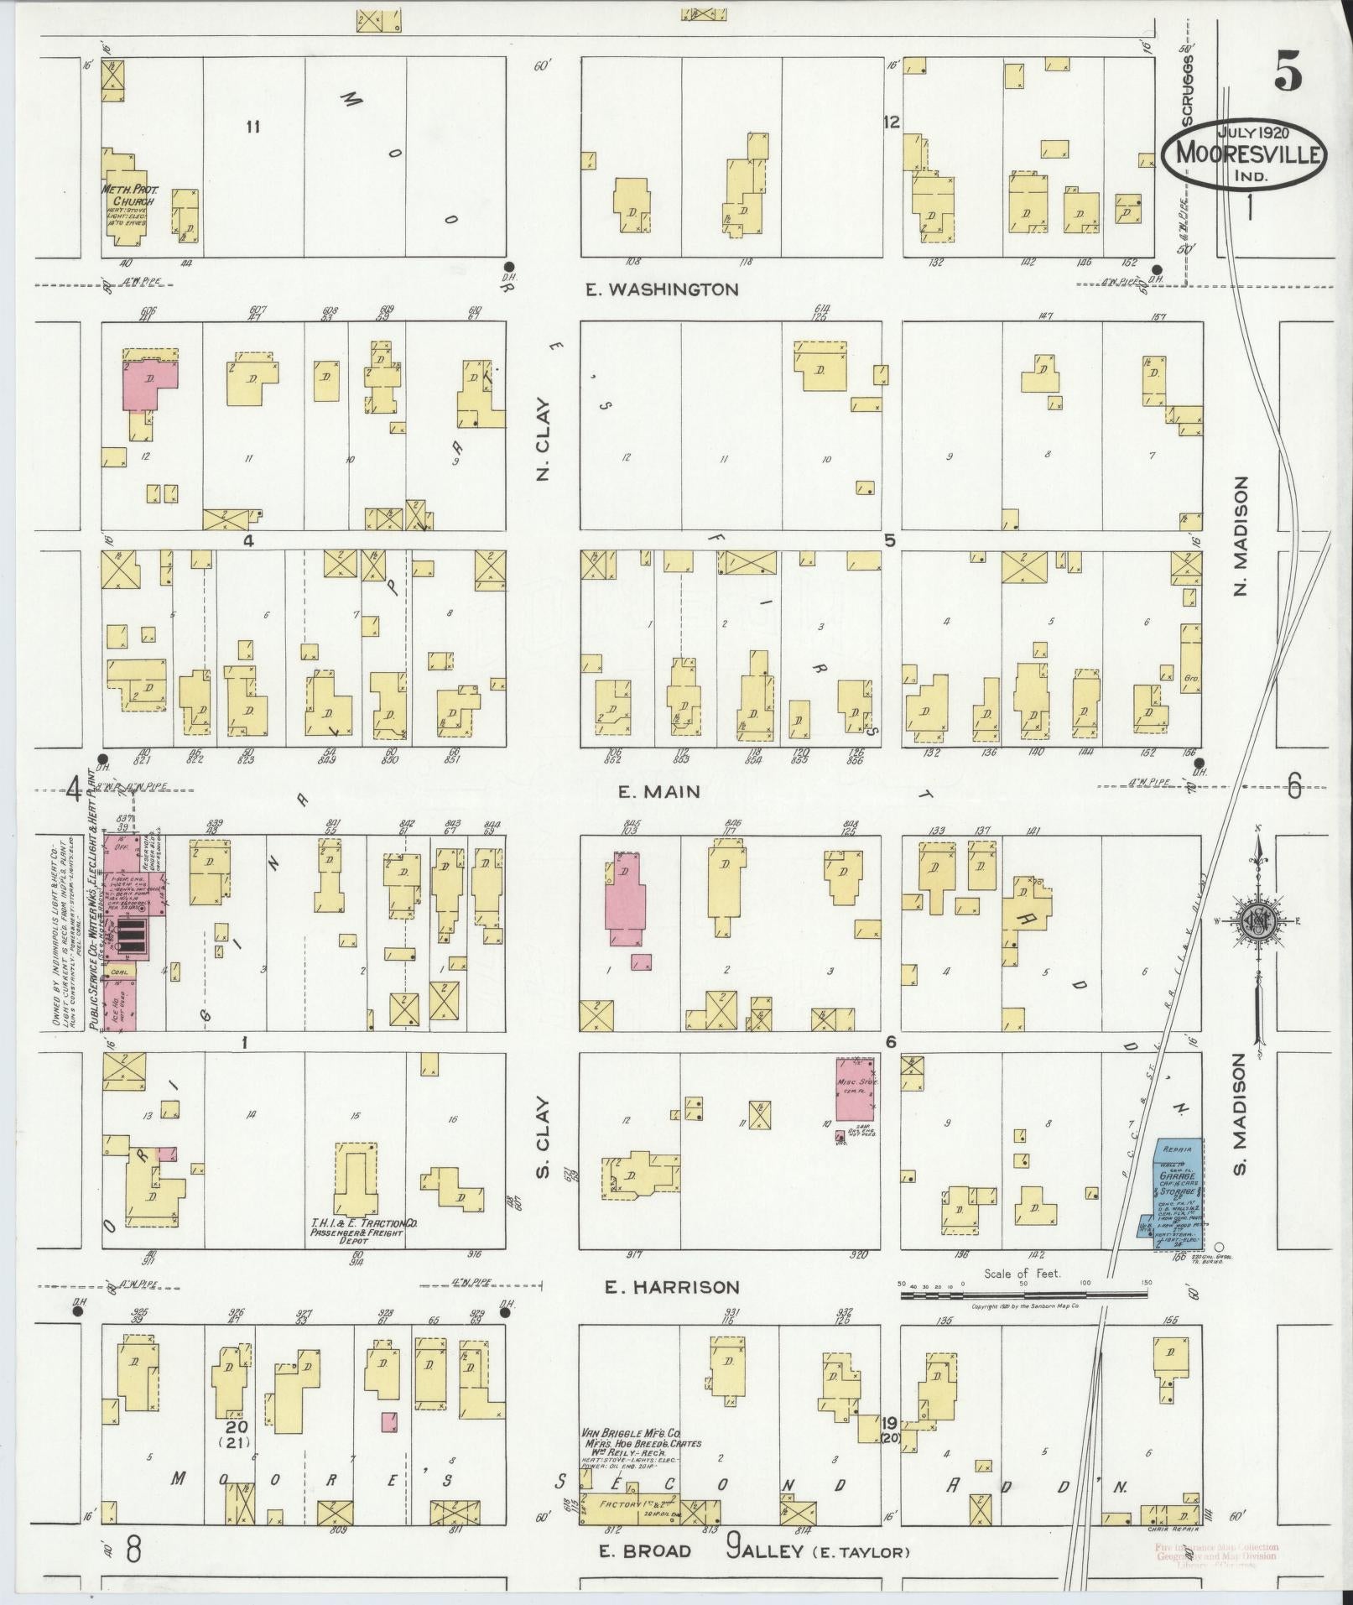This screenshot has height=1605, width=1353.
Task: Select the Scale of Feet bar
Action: point(1023,1319)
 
